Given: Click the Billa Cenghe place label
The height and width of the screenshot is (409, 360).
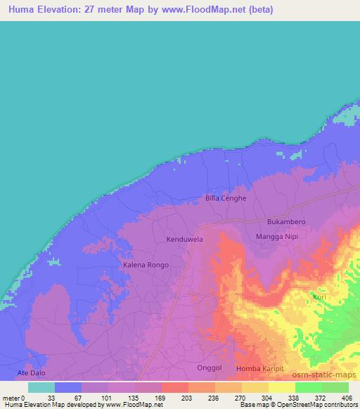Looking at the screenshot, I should (x=226, y=198).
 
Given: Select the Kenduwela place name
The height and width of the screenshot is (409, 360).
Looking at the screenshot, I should (x=184, y=240).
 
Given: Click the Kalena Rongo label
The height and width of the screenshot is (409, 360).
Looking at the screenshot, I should (x=144, y=265).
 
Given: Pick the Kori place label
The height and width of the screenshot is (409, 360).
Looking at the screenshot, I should (x=319, y=297).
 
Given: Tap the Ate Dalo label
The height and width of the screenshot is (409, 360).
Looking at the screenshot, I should (x=31, y=372).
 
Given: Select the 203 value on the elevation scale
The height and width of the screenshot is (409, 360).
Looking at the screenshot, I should (x=186, y=397).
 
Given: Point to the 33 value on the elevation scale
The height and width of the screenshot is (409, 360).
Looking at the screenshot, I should (x=52, y=397).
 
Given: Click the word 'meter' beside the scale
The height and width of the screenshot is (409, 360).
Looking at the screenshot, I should (x=10, y=397).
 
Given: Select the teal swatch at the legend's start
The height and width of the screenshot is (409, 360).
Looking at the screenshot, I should (x=41, y=387).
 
